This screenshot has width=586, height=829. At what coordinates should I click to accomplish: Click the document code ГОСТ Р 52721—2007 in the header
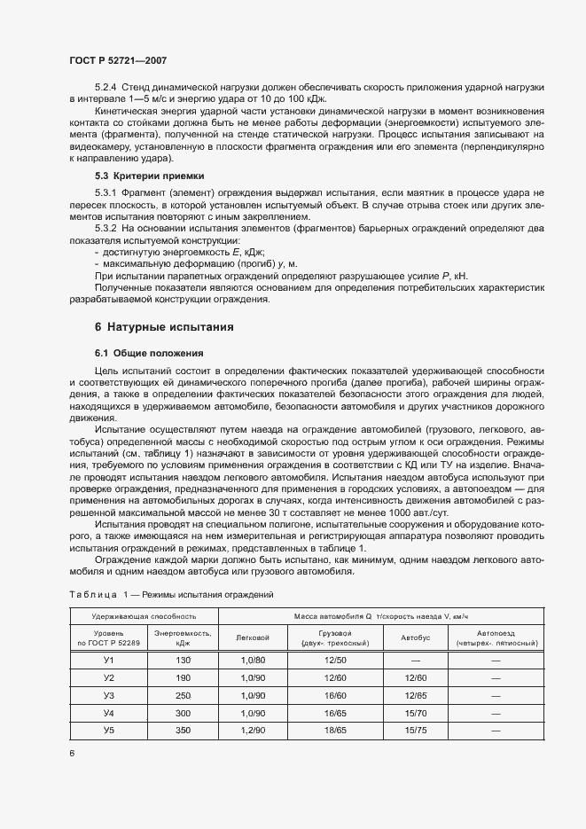coord(117,60)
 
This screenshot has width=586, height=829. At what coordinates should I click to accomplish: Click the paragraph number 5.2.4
coord(106,87)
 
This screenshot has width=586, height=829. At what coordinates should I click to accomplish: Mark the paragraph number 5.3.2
coord(106,231)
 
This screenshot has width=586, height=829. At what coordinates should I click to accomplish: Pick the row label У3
coord(109,695)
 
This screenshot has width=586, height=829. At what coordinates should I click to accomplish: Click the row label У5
coord(109,730)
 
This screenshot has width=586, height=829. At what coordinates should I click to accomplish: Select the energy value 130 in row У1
coord(183,661)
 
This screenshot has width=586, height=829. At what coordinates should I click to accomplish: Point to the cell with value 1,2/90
coord(254,730)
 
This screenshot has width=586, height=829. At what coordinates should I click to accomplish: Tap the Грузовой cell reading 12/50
coord(335,661)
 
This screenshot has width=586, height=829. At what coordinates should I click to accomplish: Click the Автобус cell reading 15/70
coord(415,713)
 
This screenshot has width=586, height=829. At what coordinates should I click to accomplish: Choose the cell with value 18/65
coord(335,730)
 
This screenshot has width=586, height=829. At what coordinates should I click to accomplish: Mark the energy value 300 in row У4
coord(183,713)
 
